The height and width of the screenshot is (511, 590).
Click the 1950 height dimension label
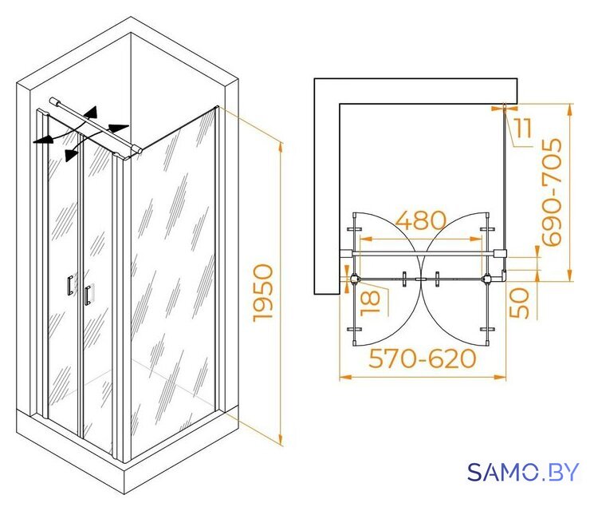[x=262, y=293]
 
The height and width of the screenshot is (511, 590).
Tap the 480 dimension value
[x=421, y=220]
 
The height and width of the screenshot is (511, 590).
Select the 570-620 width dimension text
[x=423, y=358]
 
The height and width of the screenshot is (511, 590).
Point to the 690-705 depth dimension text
[x=552, y=192]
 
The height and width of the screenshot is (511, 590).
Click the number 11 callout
[x=523, y=128]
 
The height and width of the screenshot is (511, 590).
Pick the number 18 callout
[x=370, y=303]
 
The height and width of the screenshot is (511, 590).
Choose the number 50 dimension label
[x=519, y=303]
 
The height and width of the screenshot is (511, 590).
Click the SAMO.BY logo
[x=523, y=472]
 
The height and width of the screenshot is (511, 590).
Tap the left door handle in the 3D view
[x=70, y=285]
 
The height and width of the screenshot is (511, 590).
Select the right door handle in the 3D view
[x=88, y=295]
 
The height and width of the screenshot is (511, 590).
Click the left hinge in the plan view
[x=355, y=279]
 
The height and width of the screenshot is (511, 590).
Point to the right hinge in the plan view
[x=487, y=279]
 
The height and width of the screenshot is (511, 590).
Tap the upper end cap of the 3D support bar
[x=54, y=101]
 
